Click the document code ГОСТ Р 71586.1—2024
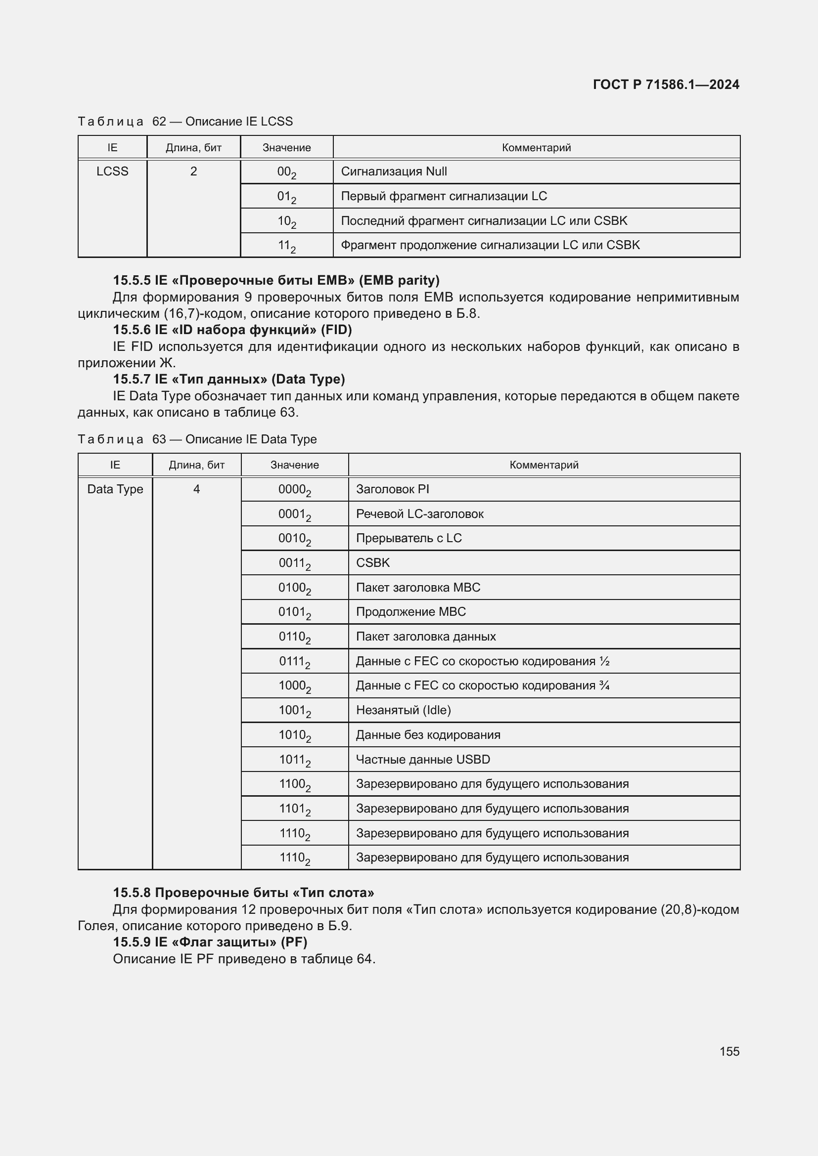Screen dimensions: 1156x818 665,85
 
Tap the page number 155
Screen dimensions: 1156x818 729,1051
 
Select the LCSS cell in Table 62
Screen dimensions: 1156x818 112,171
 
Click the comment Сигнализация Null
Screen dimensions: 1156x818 394,171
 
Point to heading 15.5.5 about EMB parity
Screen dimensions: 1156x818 276,280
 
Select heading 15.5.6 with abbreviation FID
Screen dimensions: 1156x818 232,330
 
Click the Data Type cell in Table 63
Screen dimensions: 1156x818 115,489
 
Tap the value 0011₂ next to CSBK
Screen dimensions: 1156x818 294,563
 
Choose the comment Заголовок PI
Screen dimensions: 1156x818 392,489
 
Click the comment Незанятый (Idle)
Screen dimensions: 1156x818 403,710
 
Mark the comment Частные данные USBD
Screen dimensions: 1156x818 422,760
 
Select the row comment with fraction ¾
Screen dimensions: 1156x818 482,686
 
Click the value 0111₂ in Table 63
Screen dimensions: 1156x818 294,662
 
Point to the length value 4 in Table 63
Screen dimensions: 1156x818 196,489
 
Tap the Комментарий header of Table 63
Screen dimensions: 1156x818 544,465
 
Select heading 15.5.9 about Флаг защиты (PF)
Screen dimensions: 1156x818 210,942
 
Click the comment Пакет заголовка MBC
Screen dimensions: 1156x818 417,588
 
